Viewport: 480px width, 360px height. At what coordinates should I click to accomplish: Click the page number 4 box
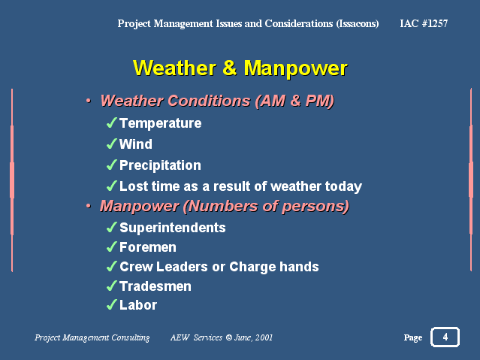click(x=445, y=337)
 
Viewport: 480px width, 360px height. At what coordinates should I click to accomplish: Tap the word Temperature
click(x=161, y=123)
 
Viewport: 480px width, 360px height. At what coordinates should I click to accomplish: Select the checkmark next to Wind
click(x=111, y=144)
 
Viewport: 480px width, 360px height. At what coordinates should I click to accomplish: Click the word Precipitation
click(x=160, y=165)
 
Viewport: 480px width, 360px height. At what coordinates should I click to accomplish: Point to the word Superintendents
click(x=173, y=228)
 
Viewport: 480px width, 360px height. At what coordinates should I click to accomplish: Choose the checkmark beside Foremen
click(x=111, y=247)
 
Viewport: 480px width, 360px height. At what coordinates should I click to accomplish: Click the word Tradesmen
click(x=155, y=286)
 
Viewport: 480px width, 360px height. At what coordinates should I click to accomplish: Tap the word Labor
click(x=138, y=305)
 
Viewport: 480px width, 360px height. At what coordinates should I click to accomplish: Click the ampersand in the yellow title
click(x=230, y=68)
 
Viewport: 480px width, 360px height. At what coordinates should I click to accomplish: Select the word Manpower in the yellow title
click(x=296, y=68)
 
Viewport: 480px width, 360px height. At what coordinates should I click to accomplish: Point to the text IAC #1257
click(x=424, y=23)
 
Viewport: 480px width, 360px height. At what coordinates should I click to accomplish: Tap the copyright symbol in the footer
click(x=229, y=337)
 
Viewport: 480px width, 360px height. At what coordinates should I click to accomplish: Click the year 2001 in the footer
click(x=264, y=337)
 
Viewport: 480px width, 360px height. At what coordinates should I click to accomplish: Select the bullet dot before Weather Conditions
click(x=89, y=101)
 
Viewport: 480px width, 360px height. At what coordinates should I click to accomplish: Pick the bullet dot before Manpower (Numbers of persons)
click(x=89, y=206)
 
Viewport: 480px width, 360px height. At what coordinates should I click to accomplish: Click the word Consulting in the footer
click(x=131, y=337)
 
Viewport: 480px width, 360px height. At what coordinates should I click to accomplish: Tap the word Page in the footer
click(x=413, y=337)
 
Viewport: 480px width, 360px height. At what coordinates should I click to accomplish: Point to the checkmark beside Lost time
click(x=111, y=186)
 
